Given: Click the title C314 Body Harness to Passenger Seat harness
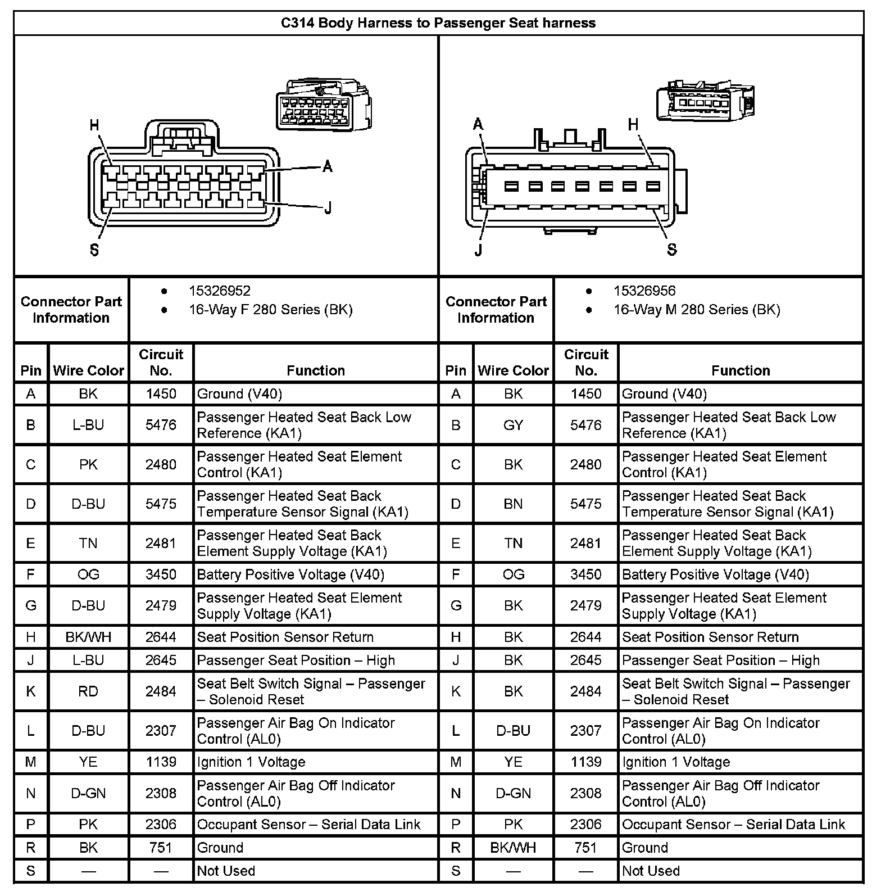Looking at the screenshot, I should (438, 23).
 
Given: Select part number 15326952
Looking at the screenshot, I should (219, 291).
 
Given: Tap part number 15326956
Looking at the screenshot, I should (644, 291).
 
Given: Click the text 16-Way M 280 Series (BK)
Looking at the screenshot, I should (696, 310).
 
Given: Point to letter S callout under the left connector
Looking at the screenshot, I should (94, 250).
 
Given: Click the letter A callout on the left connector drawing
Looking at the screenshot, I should (328, 166).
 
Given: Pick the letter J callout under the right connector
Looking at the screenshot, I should (478, 250).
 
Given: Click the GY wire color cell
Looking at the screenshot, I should (513, 425).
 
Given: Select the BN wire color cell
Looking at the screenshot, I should (513, 504).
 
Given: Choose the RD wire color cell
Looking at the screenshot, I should (88, 691).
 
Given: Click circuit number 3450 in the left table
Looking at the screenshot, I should (161, 574).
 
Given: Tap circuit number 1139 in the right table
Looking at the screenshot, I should (585, 762).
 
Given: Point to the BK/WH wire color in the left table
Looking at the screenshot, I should (88, 637).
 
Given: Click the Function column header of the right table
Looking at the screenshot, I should (740, 370).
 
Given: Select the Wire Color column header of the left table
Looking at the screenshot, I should (88, 370).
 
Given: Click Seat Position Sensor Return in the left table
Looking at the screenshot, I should (285, 637).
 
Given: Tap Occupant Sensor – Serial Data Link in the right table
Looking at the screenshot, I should (733, 824).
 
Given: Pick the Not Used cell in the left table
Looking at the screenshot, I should (226, 871).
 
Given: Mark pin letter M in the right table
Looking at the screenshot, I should (456, 762).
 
